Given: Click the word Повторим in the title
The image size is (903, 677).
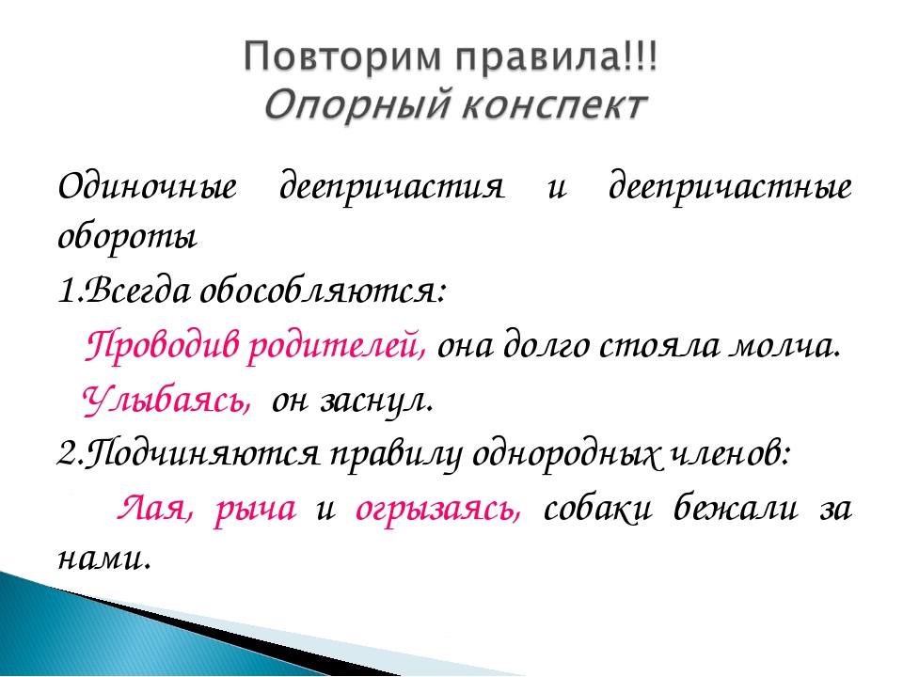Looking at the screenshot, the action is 344,57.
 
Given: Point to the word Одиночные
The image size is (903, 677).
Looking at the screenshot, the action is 148,187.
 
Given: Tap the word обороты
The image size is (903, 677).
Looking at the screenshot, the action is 127,237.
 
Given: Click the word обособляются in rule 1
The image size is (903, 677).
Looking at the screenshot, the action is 322,291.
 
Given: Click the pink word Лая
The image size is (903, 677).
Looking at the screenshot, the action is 155,509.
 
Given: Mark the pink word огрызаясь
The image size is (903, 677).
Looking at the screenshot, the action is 438,510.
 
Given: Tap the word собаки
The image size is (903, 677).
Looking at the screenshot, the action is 598,509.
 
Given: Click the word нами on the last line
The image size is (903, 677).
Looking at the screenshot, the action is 104,559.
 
